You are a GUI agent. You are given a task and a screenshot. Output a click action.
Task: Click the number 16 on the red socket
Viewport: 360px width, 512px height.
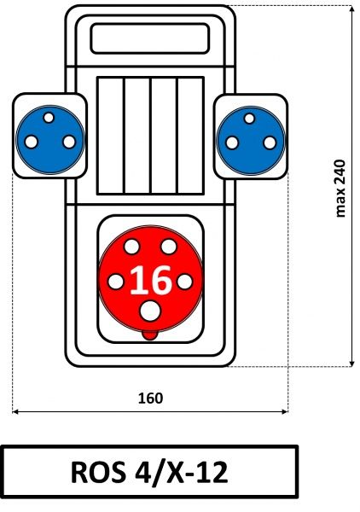click(x=150, y=280)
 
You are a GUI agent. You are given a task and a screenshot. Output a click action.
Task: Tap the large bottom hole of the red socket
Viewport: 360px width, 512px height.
click(x=150, y=311)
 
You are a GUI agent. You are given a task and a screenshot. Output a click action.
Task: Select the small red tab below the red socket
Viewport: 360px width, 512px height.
click(x=150, y=335)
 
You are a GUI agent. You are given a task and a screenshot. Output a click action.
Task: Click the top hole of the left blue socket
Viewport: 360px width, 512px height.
click(x=49, y=118)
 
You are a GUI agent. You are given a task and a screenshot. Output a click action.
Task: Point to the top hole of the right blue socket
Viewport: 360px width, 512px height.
click(x=249, y=119)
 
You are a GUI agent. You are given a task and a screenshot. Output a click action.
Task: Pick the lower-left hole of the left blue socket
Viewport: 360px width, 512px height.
click(x=32, y=142)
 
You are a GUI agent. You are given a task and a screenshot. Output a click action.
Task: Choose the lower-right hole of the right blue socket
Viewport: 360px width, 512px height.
click(x=270, y=143)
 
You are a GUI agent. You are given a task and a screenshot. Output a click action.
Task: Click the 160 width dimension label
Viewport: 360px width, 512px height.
click(x=150, y=399)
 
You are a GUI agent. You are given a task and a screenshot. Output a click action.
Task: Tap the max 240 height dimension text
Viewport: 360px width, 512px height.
click(x=340, y=189)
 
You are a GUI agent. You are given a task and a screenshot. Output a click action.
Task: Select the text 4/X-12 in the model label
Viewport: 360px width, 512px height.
click(x=182, y=472)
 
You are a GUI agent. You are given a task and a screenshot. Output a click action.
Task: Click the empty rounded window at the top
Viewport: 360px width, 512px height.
click(x=150, y=38)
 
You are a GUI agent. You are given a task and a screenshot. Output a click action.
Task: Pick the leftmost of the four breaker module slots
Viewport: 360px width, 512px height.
click(x=110, y=136)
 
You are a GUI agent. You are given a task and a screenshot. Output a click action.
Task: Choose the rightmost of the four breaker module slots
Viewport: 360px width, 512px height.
click(x=190, y=136)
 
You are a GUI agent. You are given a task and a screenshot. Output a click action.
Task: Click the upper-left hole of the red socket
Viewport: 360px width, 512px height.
click(x=132, y=247)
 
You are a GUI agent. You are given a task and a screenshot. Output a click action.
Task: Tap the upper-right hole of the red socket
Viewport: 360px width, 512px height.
click(x=169, y=247)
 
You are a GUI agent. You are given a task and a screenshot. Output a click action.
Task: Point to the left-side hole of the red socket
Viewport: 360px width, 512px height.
click(x=115, y=282)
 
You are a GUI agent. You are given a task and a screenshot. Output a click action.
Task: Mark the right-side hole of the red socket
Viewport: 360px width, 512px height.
click(x=185, y=282)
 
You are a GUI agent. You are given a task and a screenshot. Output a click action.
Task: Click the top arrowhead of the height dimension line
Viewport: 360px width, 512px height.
click(x=351, y=9)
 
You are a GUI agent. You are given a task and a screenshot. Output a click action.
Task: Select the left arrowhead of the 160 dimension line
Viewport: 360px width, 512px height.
click(x=15, y=412)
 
